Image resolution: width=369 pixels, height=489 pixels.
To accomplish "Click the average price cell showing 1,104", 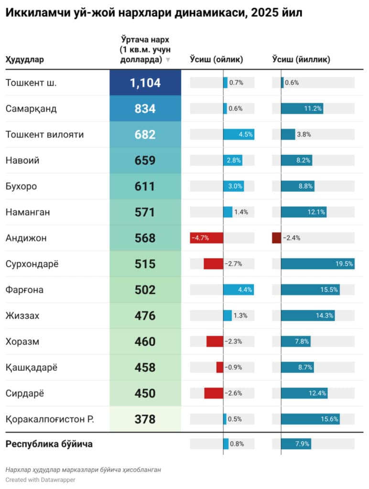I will tap(145, 83).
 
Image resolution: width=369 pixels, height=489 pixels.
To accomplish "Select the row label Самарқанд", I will tap(31, 108).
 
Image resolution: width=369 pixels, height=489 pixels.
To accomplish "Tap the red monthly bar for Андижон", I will tap(206, 238).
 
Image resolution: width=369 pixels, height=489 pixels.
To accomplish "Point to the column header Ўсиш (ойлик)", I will tap(217, 60).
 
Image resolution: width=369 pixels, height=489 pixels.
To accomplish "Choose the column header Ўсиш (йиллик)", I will tap(301, 60).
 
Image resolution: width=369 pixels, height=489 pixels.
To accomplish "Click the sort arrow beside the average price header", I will tap(168, 60).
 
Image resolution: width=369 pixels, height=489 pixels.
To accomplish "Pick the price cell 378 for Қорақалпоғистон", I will tap(145, 419).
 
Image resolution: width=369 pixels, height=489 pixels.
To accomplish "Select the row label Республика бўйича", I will tap(49, 444).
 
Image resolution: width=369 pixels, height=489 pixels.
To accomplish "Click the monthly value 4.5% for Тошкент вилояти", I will tap(245, 135).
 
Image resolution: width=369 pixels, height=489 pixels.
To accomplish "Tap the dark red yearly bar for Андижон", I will tap(276, 238).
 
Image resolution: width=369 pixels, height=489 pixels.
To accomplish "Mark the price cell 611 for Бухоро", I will tap(145, 186).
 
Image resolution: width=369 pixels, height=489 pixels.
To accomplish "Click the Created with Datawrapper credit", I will tap(41, 479).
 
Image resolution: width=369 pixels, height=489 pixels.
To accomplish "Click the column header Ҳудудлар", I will tap(25, 60).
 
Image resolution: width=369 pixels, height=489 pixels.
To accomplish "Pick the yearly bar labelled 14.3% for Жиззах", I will tap(308, 316).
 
